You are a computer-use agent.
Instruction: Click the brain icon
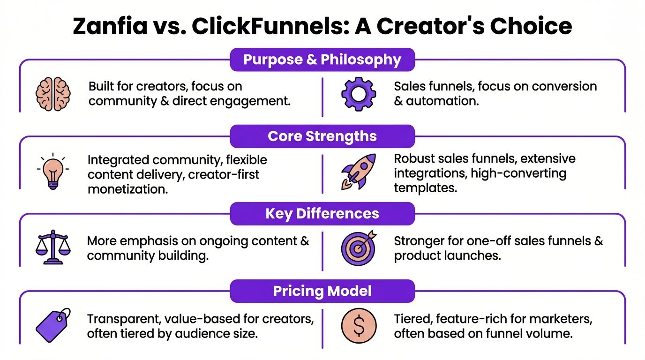(x=53, y=94)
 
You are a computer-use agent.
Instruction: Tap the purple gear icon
(x=359, y=94)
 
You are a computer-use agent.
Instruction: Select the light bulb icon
(x=53, y=171)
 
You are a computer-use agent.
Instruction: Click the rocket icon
(x=359, y=171)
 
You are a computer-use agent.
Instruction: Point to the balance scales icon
(x=53, y=248)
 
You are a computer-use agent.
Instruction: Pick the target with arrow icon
(x=359, y=248)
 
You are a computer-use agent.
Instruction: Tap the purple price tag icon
(x=53, y=325)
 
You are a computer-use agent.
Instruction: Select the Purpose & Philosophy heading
(x=322, y=60)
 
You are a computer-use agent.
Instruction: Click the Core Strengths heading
(x=322, y=136)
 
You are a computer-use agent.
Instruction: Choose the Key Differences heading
(x=322, y=214)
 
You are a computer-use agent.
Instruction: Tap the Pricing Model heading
(x=322, y=291)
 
